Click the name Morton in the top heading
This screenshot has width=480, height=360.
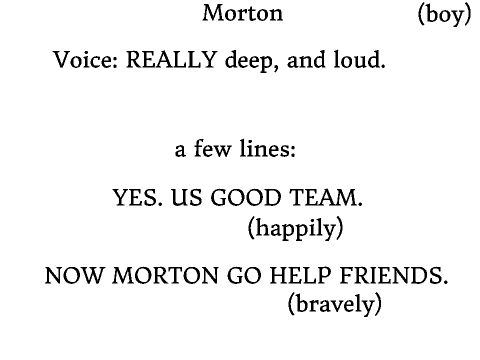click(243, 13)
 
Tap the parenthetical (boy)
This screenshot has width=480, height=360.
click(445, 15)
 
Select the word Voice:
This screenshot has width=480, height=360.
click(86, 60)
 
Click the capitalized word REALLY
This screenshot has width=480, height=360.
click(172, 60)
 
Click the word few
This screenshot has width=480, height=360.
click(212, 148)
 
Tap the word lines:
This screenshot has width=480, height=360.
click(267, 148)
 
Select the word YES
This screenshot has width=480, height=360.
click(138, 197)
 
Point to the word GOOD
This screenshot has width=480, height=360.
click(246, 197)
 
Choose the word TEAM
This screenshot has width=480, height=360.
click(326, 197)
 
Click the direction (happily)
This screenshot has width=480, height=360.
click(296, 229)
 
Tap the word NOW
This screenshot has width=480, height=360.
click(74, 276)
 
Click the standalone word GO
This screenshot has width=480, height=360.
click(244, 276)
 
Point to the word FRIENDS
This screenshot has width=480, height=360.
click(394, 276)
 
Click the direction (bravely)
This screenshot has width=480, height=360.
click(335, 304)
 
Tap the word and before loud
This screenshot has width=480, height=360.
click(306, 60)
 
